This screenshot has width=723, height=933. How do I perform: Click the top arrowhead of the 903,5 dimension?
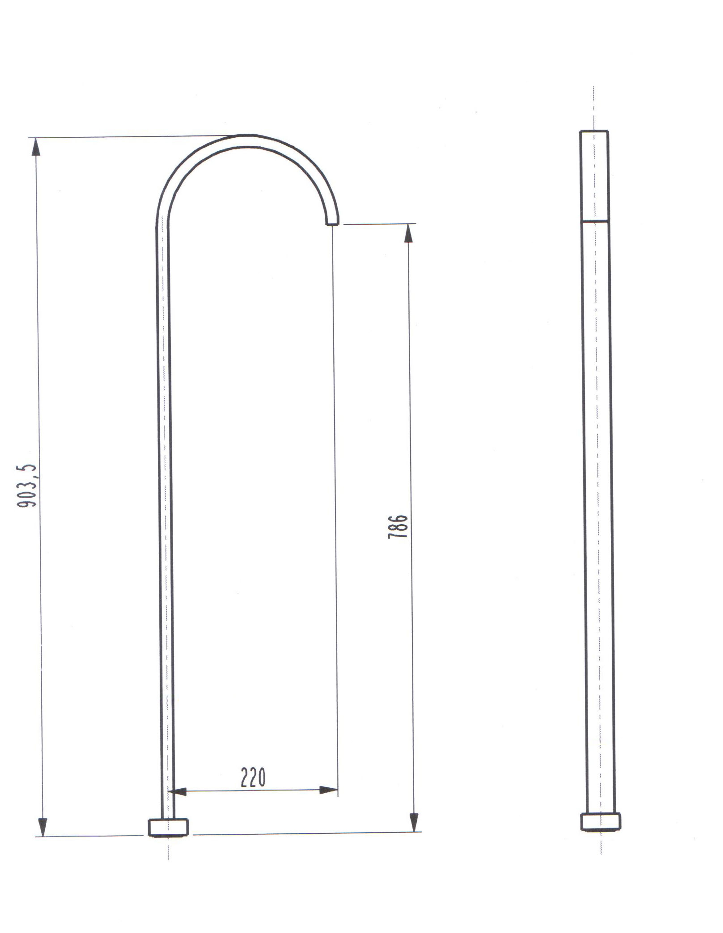(x=36, y=147)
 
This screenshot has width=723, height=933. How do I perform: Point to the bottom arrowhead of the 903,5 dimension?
(x=42, y=826)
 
